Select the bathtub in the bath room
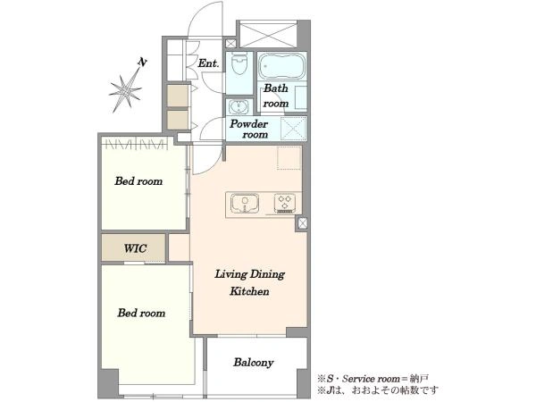pyautogui.click(x=282, y=66)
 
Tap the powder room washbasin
pyautogui.click(x=239, y=106)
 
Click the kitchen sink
pyautogui.click(x=245, y=203)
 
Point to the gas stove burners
pyautogui.click(x=285, y=203)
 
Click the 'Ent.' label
pyautogui.click(x=208, y=63)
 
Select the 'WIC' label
pyautogui.click(x=136, y=248)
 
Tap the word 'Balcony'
pyautogui.click(x=254, y=363)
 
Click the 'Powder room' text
pyautogui.click(x=249, y=129)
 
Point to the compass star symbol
pyautogui.click(x=126, y=90)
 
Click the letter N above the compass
pyautogui.click(x=142, y=62)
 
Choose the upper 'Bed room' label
pyautogui.click(x=138, y=180)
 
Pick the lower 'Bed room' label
pyautogui.click(x=141, y=313)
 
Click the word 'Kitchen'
pyautogui.click(x=249, y=291)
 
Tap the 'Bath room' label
pyautogui.click(x=276, y=96)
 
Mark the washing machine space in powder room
pyautogui.click(x=293, y=129)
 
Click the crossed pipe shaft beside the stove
pyautogui.click(x=303, y=223)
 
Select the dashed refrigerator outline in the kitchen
pyautogui.click(x=289, y=157)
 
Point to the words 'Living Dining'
pyautogui.click(x=249, y=274)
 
